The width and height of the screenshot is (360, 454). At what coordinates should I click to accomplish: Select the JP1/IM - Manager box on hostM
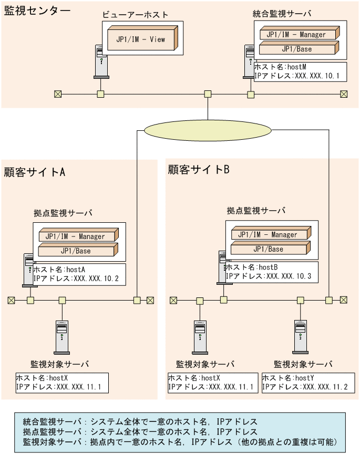coord(296,35)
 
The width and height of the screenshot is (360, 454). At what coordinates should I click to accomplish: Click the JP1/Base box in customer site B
coord(268,249)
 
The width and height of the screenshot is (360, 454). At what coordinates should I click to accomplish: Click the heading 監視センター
coord(37,12)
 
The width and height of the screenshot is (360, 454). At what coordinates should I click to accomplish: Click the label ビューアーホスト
coord(135,14)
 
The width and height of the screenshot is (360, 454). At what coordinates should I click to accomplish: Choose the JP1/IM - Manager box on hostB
coord(268,234)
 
